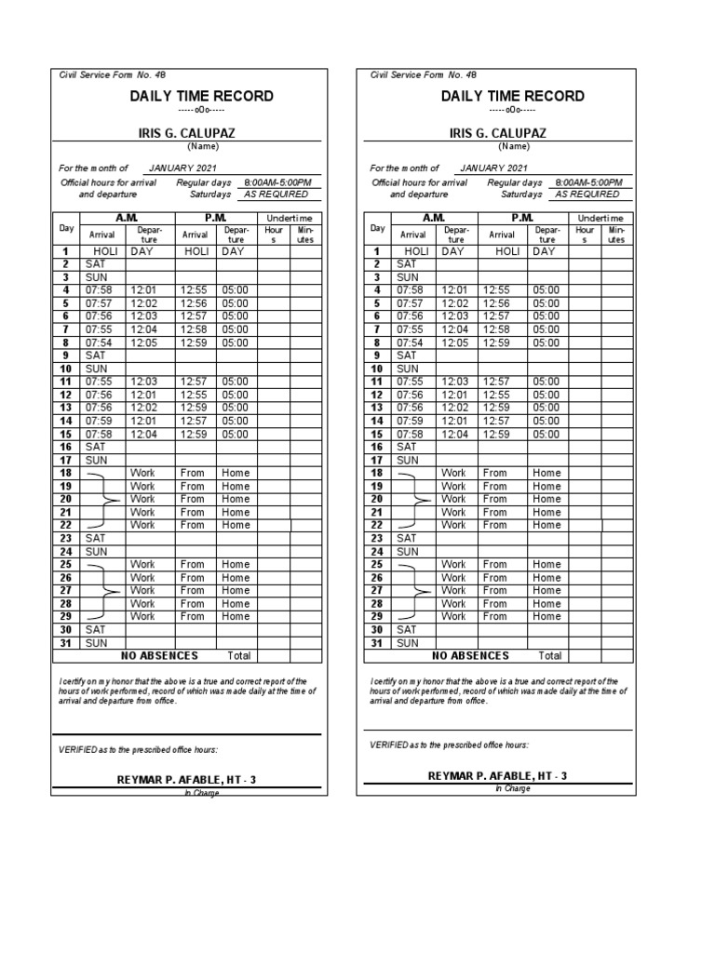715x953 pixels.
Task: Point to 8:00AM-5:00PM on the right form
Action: coord(590,183)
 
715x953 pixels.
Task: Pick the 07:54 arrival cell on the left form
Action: coord(99,342)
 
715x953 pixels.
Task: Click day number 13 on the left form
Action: coord(66,408)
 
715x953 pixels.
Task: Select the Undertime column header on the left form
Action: coord(290,217)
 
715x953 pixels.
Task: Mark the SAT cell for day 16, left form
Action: coord(96,447)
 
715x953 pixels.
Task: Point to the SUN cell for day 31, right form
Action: coord(407,643)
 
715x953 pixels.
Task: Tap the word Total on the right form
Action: coord(550,656)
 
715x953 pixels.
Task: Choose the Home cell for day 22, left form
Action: coord(236,525)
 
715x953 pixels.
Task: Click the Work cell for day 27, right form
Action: coord(453,590)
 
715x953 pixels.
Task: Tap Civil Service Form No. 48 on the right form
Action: coord(416,74)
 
